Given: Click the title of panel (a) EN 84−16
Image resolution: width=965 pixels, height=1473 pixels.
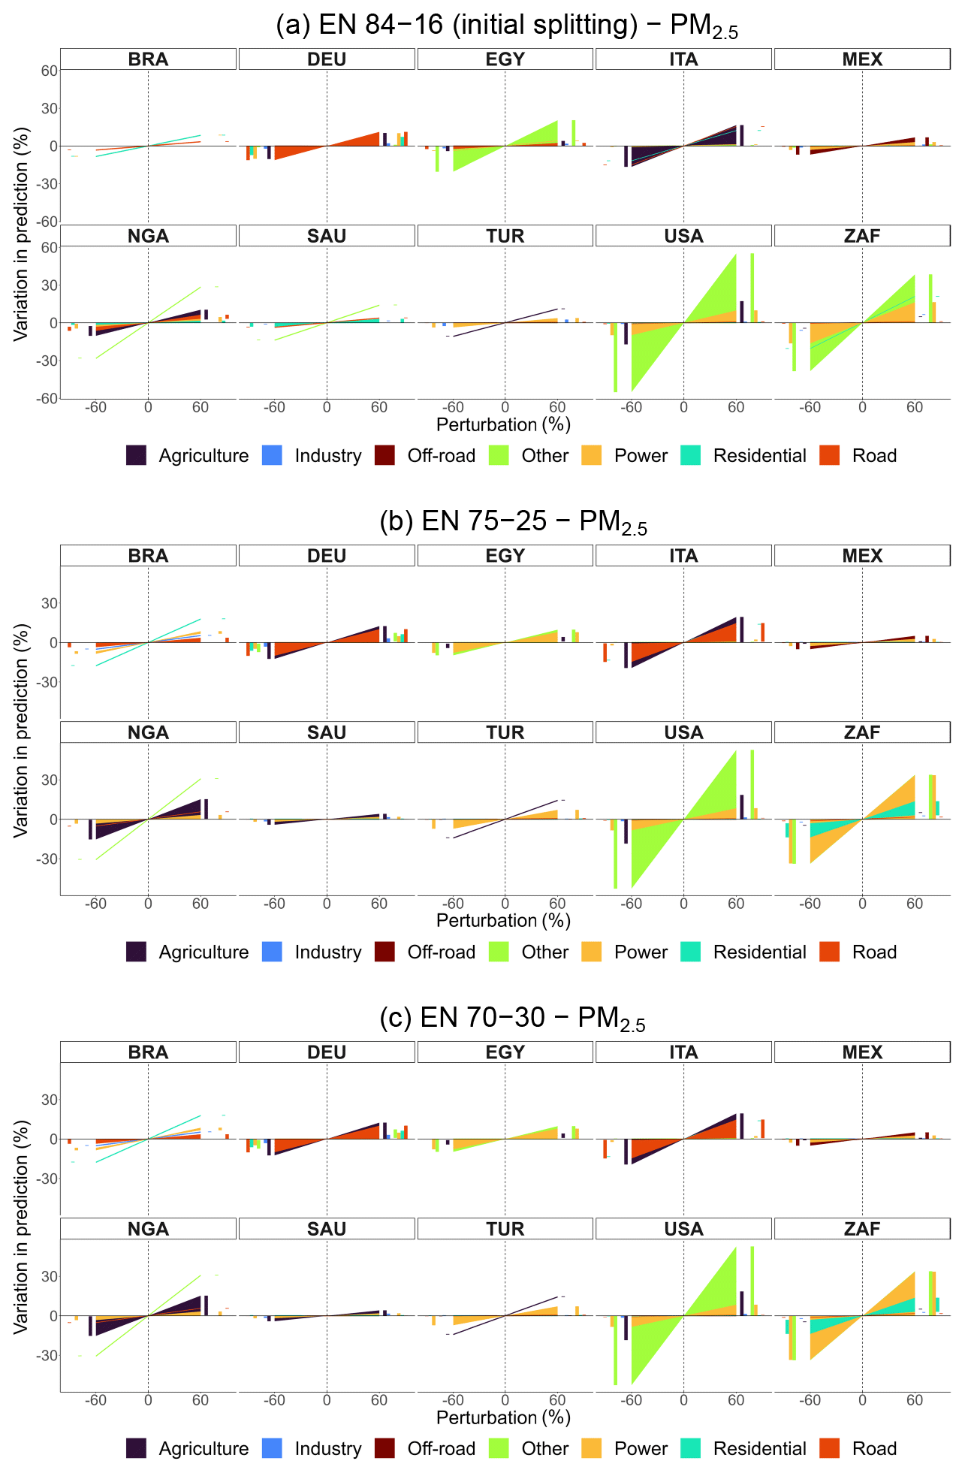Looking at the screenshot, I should point(507,26).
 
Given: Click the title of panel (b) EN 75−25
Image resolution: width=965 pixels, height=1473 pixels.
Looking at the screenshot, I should point(513,522).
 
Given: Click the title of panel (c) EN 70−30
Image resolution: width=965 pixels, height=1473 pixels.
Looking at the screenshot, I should point(512,1019).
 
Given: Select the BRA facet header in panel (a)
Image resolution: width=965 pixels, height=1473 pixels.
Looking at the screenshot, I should point(149,59).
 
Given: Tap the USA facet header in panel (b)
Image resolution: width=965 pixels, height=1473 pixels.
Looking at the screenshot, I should point(683,732).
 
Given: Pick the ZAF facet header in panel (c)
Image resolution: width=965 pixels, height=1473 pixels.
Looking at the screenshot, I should point(862,1229).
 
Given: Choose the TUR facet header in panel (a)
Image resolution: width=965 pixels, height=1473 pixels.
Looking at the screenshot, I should point(505,236).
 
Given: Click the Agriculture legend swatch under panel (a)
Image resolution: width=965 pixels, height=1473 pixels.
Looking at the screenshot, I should point(136,455).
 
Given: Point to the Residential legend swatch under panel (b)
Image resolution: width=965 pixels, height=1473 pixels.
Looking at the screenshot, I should point(690,952).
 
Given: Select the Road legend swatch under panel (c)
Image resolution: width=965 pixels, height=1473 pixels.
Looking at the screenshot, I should point(829,1448).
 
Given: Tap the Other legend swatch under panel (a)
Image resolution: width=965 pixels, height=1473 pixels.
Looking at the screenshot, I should point(499,455).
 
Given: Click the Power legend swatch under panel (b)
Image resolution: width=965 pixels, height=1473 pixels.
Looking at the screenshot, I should point(592,952).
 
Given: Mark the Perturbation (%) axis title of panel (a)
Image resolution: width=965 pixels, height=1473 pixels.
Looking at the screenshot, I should point(503,424).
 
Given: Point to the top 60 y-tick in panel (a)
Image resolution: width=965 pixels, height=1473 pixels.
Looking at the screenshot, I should point(49,71).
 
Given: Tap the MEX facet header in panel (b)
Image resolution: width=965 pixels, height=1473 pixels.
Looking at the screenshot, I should point(862,556).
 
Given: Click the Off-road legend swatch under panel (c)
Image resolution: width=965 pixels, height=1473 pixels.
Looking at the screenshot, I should point(384,1448).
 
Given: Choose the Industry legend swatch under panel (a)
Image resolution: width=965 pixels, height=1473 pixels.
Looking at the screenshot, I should point(272,455).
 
